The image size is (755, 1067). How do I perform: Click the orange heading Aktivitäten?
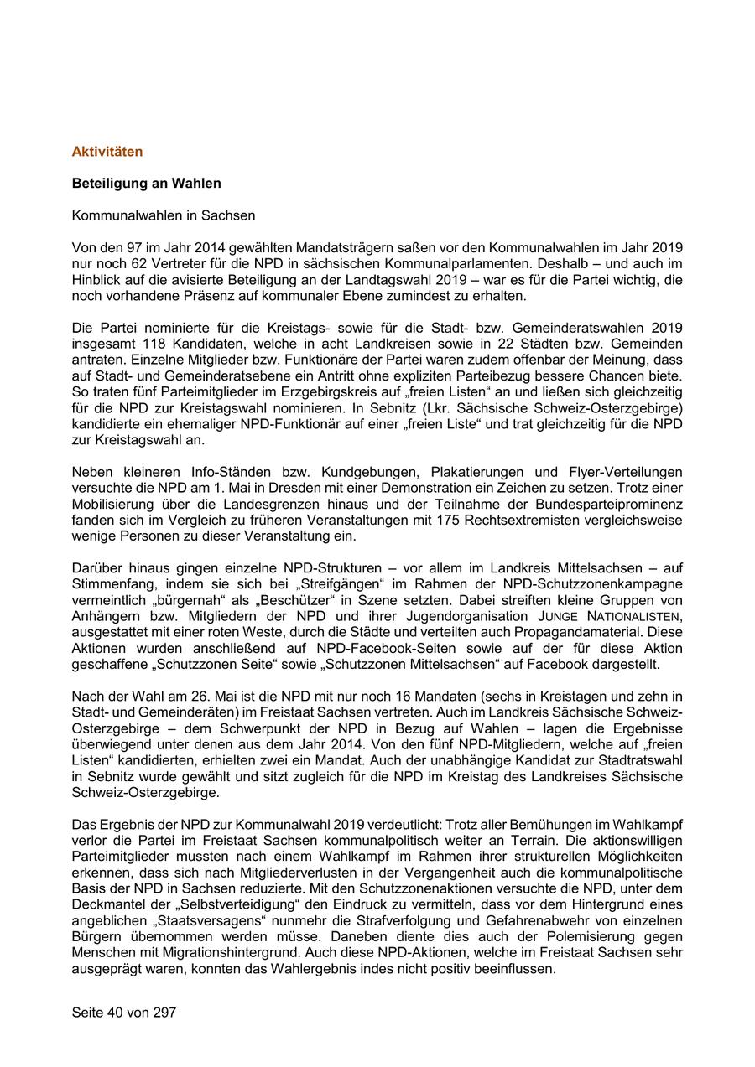pyautogui.click(x=107, y=152)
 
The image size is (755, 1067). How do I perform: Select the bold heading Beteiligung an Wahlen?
pyautogui.click(x=147, y=183)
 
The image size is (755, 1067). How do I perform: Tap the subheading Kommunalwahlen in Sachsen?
pyautogui.click(x=164, y=215)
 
